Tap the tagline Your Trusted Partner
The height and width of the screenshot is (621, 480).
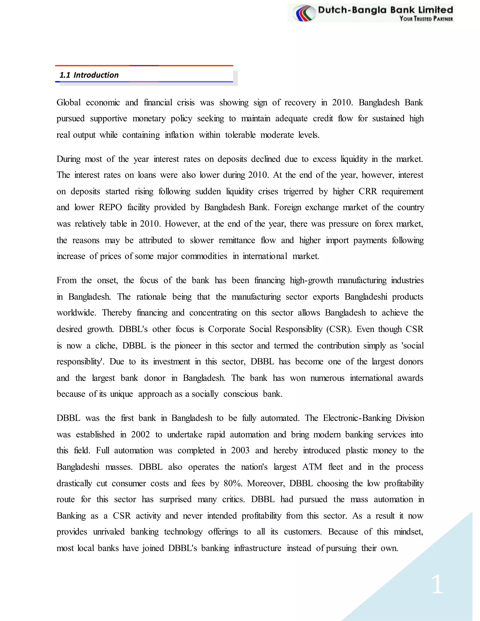click(426, 19)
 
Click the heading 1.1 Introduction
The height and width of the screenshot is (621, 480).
click(89, 75)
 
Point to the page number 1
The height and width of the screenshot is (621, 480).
click(437, 584)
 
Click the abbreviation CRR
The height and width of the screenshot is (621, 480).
click(367, 191)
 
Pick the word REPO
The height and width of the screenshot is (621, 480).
click(110, 207)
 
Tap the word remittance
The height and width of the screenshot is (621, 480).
click(237, 240)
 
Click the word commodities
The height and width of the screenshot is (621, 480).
click(204, 256)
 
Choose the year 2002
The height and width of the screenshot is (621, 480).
click(140, 434)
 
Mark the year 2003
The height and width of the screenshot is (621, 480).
click(240, 450)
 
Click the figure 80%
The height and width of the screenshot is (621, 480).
click(232, 483)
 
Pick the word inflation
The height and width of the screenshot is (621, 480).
click(179, 135)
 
